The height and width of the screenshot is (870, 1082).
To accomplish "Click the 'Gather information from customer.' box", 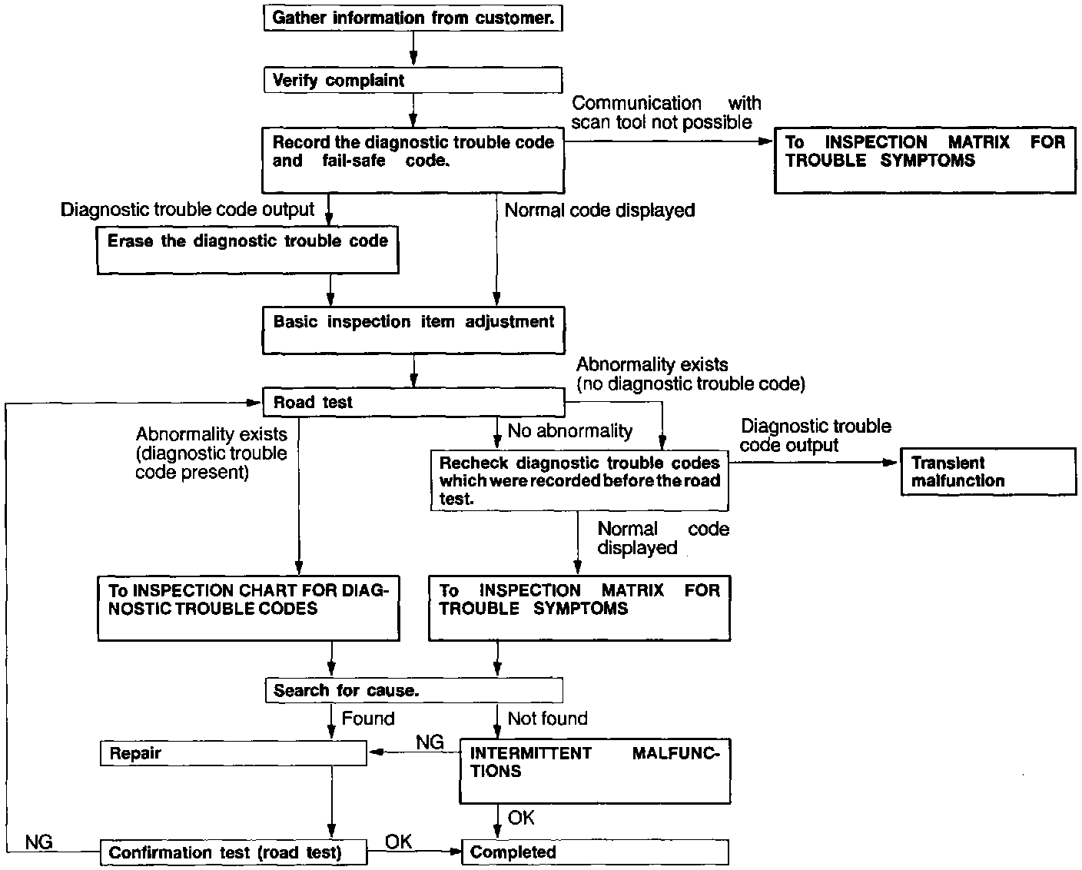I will (413, 18).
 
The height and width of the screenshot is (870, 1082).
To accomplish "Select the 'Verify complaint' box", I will (413, 81).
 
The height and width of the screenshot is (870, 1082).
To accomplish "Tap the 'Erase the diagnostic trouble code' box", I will (247, 250).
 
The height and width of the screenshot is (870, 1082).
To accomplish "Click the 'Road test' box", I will (413, 402).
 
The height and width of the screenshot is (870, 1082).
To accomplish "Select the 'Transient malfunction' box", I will (988, 472).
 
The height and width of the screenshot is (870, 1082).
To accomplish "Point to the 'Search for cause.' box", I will (413, 690).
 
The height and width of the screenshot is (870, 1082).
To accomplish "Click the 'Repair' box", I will (234, 753).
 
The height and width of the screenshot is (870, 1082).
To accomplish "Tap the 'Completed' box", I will (595, 852).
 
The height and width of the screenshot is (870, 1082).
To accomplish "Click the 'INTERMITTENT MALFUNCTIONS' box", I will (595, 771).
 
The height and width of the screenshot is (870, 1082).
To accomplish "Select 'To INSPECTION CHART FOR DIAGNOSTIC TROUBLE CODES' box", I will (248, 608).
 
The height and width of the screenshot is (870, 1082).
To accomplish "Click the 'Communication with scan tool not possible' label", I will (665, 112).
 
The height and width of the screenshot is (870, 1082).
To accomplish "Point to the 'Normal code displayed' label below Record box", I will (599, 210).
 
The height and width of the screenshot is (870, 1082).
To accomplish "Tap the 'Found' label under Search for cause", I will (368, 719).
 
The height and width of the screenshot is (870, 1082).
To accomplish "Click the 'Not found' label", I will (547, 719).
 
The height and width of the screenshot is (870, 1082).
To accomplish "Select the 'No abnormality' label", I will (569, 431).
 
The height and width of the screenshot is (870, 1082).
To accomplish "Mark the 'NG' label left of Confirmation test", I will (38, 842).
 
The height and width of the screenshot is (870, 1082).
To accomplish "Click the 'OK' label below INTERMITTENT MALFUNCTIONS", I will (521, 818).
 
